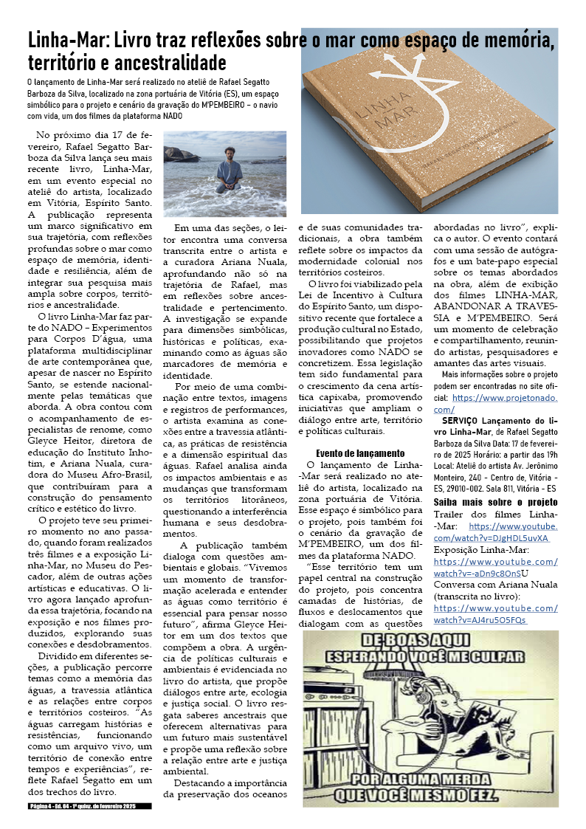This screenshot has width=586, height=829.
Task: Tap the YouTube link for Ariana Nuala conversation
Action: pos(494,614)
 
